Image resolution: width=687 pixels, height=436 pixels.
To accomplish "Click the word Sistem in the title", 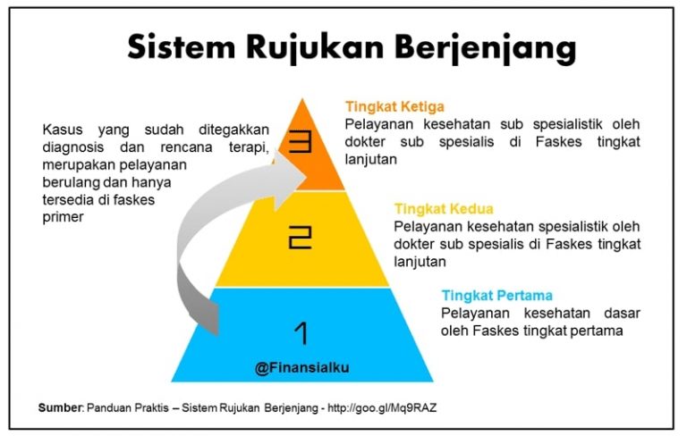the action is (x=182, y=46).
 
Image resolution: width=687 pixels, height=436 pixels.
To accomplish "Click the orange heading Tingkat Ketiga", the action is (x=394, y=106).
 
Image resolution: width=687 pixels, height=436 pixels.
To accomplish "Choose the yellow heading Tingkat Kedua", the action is (x=444, y=208).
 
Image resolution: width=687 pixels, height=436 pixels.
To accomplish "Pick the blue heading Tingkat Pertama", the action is (x=496, y=296).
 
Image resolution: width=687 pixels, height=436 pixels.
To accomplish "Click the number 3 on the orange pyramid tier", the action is (x=301, y=142).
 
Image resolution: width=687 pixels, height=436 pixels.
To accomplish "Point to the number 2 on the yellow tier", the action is (x=301, y=238).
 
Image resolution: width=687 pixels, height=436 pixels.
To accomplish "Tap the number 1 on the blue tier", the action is (x=301, y=333).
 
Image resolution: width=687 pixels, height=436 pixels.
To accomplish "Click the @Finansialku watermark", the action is (x=301, y=367).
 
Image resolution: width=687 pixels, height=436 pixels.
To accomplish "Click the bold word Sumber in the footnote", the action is (x=60, y=407).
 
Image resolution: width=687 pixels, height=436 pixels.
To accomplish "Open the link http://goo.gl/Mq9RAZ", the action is (x=382, y=407).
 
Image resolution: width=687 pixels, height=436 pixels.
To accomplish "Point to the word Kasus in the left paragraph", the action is (x=63, y=130).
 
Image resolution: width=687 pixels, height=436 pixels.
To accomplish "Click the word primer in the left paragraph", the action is (x=63, y=218).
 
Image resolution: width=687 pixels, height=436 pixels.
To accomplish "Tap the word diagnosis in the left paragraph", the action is (x=73, y=147).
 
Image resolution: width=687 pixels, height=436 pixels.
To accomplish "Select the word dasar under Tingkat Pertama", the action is (x=622, y=313).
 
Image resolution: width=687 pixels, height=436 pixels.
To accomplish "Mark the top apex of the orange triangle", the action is (x=301, y=98).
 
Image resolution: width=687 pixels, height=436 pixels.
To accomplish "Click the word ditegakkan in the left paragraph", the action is (x=233, y=130).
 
